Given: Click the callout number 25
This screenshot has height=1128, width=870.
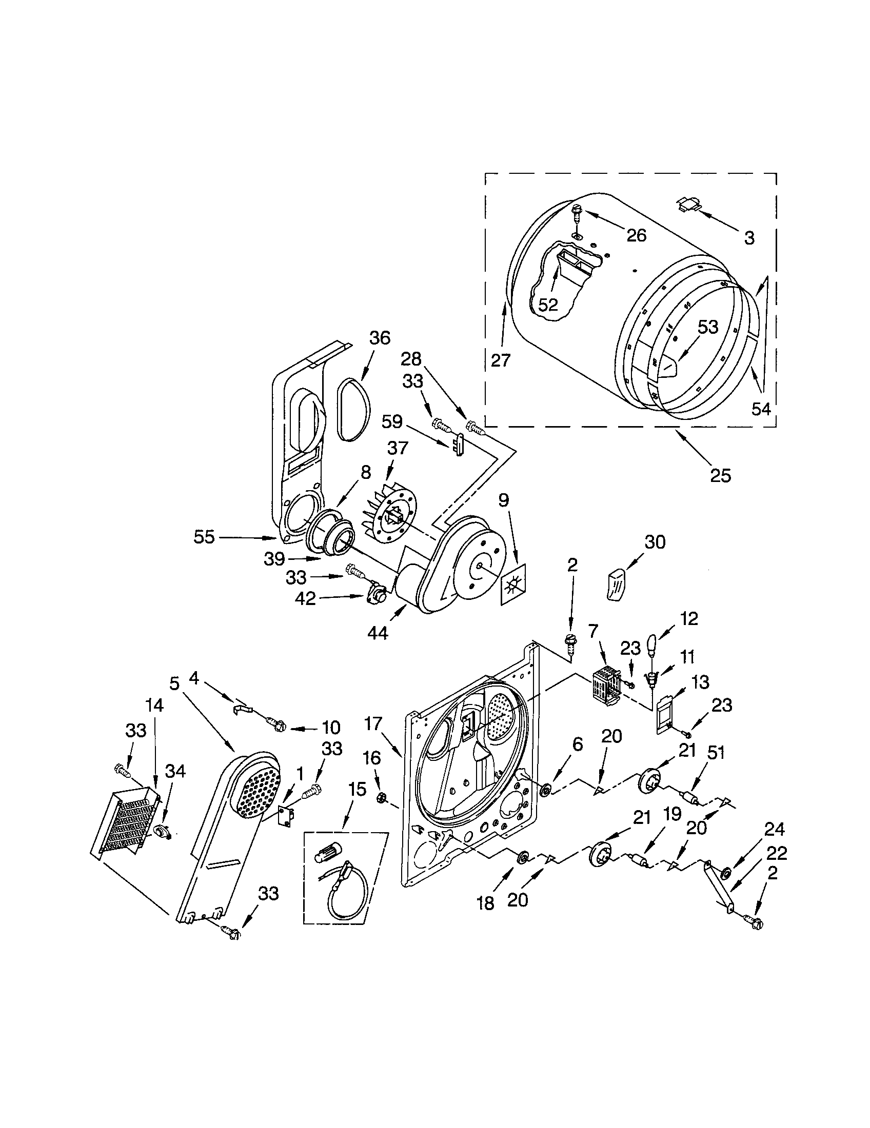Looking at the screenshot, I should coord(721,475).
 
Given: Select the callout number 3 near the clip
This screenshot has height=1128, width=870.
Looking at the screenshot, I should coord(749,238).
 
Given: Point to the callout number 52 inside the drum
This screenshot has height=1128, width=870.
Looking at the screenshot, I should coord(548,305).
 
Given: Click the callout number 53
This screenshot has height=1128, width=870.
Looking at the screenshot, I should coord(708,327).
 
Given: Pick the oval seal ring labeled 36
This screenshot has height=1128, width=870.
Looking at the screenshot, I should coord(354,409).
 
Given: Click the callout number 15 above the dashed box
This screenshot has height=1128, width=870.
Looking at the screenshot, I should coord(357,789).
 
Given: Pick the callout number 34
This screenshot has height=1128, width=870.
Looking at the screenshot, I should coord(174,771).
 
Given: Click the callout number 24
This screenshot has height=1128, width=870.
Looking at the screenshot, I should coord(774,830).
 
